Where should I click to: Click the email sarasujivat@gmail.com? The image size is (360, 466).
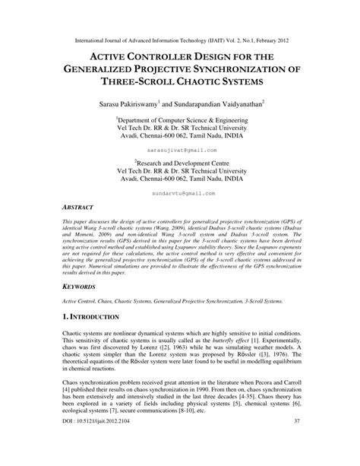(179, 152)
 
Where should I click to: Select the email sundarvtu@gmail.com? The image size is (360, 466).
(179, 194)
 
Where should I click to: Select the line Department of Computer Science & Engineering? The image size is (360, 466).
(180, 120)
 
